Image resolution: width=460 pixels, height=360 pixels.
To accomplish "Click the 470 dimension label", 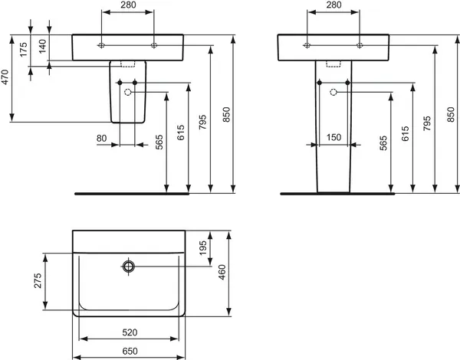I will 6,77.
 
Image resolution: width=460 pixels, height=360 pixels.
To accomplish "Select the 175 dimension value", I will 24,50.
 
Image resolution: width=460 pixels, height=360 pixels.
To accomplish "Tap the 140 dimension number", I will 41,45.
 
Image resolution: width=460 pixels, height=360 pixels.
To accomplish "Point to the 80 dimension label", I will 102,138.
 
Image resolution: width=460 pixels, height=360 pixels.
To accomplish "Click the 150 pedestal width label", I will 334,138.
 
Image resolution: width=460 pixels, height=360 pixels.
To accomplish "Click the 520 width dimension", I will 129,332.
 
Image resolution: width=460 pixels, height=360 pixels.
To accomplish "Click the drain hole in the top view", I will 128,267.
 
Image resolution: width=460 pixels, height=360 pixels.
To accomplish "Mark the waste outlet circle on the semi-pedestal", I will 128,93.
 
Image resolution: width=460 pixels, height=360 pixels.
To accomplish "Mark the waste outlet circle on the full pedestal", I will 333,93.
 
